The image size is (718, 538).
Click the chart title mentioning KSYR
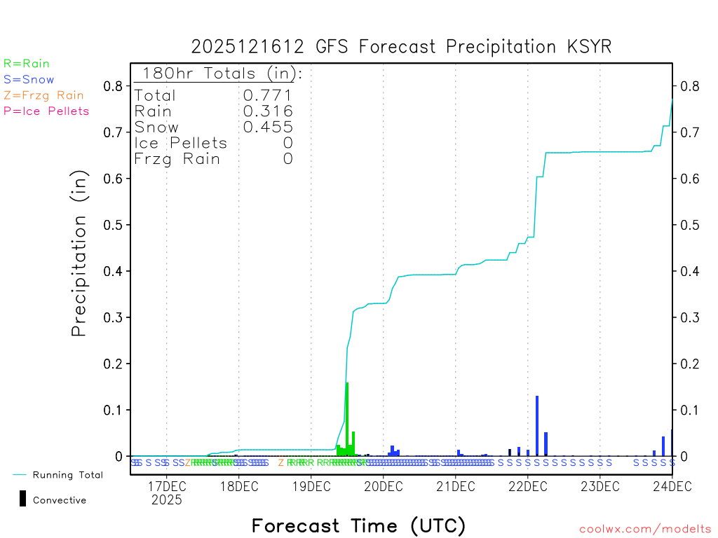pyautogui.click(x=401, y=47)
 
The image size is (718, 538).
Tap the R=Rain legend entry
pyautogui.click(x=27, y=64)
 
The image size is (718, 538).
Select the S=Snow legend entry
pyautogui.click(x=29, y=80)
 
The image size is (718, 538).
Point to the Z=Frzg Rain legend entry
pyautogui.click(x=43, y=95)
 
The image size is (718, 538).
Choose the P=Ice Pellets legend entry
pyautogui.click(x=46, y=111)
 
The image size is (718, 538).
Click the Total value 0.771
pyautogui.click(x=268, y=95)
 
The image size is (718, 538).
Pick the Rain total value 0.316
pyautogui.click(x=268, y=111)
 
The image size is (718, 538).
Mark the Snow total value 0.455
pyautogui.click(x=268, y=127)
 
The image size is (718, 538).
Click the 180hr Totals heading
pyautogui.click(x=219, y=74)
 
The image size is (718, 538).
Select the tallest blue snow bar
pyautogui.click(x=537, y=426)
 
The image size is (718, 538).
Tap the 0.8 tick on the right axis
pyautogui.click(x=687, y=86)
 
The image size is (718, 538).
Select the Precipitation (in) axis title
pyautogui.click(x=79, y=254)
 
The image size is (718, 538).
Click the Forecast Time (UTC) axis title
pyautogui.click(x=358, y=525)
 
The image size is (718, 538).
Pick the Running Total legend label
pyautogui.click(x=67, y=475)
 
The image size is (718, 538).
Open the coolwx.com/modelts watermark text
pyautogui.click(x=645, y=530)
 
